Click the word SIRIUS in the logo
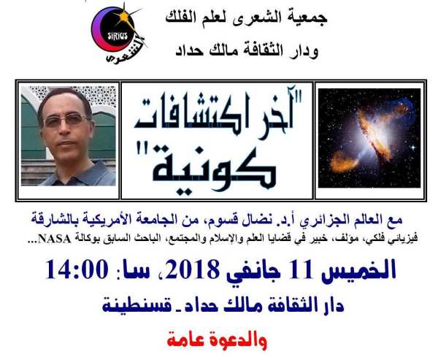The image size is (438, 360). click(118, 36)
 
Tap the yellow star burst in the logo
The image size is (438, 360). click(124, 18)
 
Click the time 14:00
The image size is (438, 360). click(77, 269)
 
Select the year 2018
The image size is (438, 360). click(192, 269)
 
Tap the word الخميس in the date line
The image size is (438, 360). click(359, 270)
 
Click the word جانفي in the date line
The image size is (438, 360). click(253, 272)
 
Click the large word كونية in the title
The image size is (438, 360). click(214, 169)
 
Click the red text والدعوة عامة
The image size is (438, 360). click(217, 340)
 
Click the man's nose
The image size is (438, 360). click(66, 131)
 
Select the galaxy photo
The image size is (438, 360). click(369, 138)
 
